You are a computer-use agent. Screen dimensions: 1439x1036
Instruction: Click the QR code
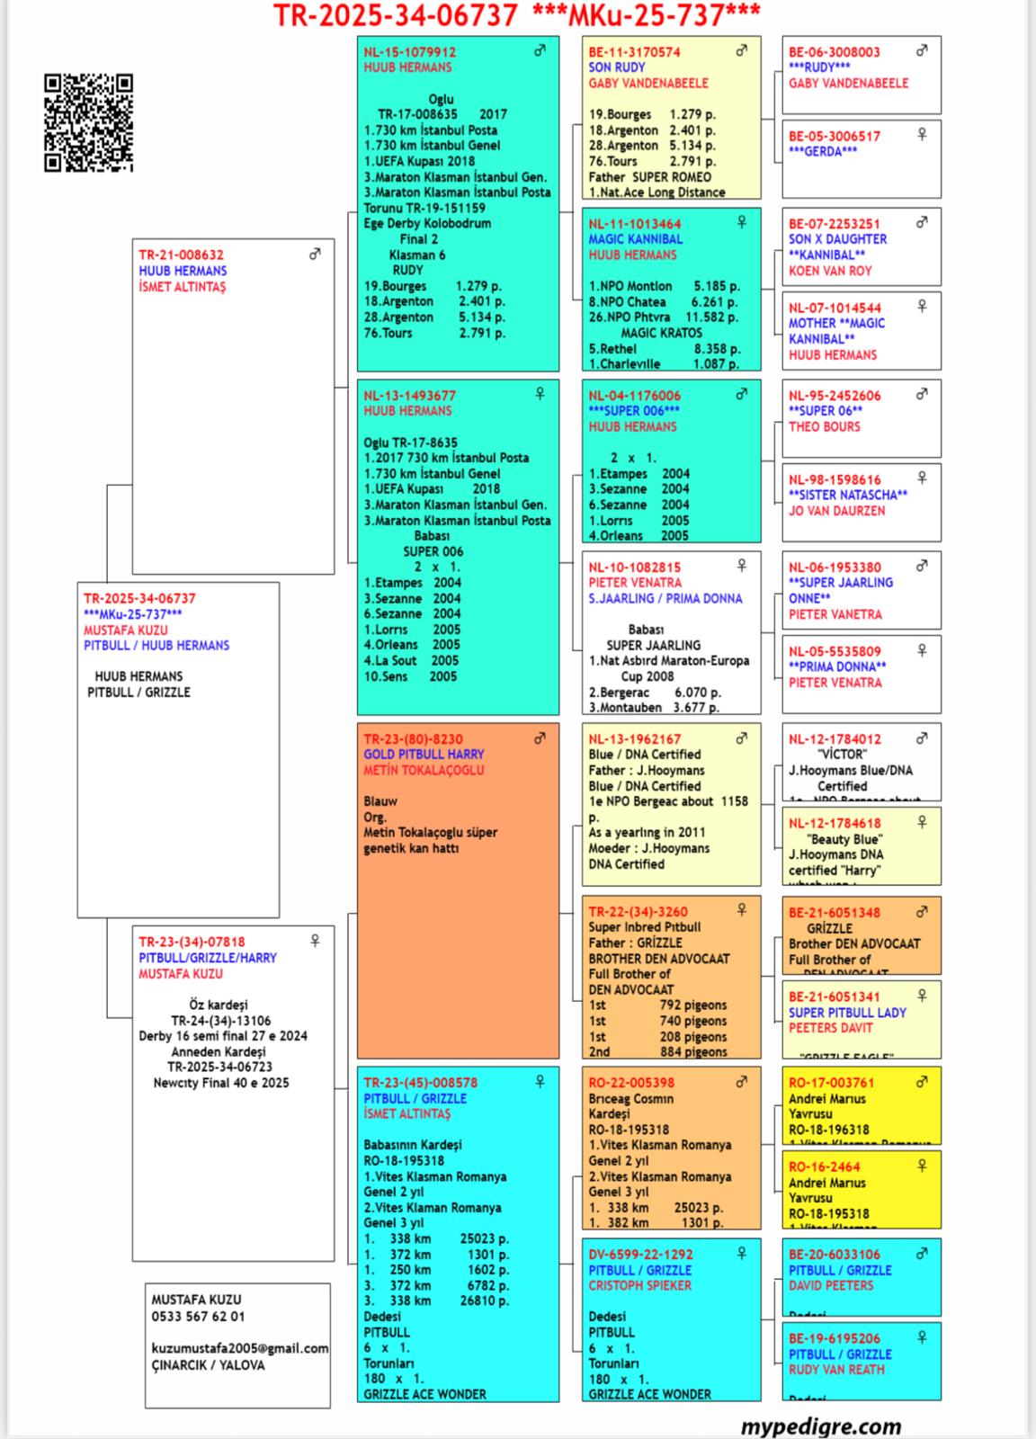click(88, 122)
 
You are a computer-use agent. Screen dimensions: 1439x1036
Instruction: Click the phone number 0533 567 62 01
click(197, 1316)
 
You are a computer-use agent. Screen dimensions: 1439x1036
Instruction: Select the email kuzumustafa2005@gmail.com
click(239, 1348)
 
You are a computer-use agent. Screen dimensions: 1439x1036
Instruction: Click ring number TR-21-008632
click(181, 255)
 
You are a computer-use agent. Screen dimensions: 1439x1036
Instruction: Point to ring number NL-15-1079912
click(409, 52)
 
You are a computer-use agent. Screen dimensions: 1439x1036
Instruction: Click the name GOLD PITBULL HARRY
click(424, 755)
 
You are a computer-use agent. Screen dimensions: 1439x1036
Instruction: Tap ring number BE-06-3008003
click(834, 52)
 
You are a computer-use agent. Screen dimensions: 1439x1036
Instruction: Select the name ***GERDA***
click(822, 151)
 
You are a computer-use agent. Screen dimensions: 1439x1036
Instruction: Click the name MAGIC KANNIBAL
click(635, 239)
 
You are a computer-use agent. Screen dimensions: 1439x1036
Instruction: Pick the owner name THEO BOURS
click(824, 426)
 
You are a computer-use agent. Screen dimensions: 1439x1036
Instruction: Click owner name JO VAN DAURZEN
click(836, 510)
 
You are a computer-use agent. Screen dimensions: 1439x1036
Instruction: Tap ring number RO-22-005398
click(631, 1083)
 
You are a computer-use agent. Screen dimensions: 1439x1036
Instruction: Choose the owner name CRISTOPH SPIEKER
click(639, 1285)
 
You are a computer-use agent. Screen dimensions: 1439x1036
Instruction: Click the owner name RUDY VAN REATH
click(836, 1369)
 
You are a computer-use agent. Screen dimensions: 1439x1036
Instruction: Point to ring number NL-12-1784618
click(834, 823)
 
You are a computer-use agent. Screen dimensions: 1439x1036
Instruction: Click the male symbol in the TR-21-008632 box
click(315, 255)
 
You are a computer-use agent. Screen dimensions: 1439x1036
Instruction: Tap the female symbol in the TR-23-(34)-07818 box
click(315, 941)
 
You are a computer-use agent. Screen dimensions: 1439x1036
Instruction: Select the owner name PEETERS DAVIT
click(830, 1027)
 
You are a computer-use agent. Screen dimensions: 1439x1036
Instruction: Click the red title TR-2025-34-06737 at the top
click(396, 15)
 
